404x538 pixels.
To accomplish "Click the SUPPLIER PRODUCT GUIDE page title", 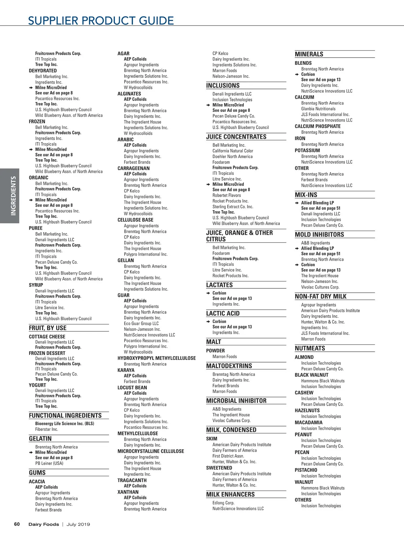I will click(101, 21).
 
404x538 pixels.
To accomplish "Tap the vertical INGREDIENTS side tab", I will click(13, 196).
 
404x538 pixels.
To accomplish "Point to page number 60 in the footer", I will click(17, 524).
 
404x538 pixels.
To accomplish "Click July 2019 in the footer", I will click(78, 524).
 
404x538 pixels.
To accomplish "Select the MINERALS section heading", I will click(309, 54).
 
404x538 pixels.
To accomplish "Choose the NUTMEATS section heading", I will click(310, 348).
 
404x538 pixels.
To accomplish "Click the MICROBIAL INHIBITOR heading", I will click(236, 401).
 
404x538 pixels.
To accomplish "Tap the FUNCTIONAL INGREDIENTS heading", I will click(65, 415).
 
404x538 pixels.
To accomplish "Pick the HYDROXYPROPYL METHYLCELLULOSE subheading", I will click(157, 358).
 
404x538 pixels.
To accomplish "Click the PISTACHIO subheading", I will click(306, 470).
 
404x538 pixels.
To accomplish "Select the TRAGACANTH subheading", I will click(132, 480).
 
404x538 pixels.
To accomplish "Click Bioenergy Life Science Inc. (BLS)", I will click(65, 423).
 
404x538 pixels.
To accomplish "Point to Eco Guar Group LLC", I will click(141, 323).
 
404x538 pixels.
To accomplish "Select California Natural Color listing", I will click(233, 151).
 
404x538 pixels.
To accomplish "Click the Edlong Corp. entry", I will click(223, 503).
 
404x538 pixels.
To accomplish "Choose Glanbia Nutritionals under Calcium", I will click(318, 109).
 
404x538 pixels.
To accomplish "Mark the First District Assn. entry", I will click(228, 456).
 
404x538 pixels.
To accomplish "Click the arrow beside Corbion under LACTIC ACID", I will click(208, 321).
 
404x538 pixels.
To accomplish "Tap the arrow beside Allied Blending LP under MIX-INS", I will click(297, 203).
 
